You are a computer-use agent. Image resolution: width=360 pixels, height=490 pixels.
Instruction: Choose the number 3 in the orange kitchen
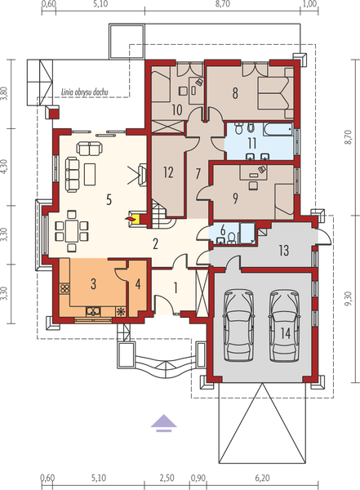(94, 283)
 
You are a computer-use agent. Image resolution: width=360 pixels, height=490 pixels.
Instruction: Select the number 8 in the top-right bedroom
(235, 93)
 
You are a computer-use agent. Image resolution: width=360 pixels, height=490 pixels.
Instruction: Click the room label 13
(284, 249)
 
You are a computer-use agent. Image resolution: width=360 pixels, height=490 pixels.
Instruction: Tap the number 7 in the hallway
(197, 172)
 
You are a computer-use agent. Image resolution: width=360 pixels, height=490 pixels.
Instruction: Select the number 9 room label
(237, 196)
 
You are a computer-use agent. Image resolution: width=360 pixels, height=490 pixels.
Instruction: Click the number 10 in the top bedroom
(176, 108)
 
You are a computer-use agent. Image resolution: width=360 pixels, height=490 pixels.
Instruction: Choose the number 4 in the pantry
(137, 284)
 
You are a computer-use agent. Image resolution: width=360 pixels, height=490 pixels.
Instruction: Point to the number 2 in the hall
(154, 243)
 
